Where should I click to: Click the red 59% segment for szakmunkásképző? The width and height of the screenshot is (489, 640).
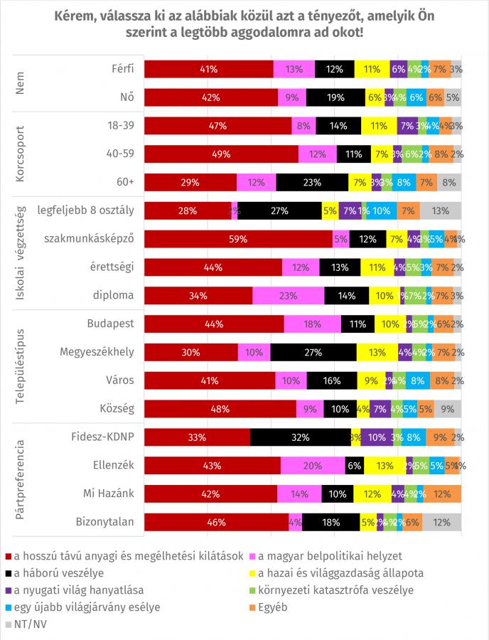[238, 239]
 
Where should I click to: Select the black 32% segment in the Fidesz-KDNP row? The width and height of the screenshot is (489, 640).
[300, 437]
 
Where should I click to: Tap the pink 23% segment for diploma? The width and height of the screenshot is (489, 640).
[288, 295]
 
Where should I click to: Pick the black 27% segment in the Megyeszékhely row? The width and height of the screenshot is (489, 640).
[313, 351]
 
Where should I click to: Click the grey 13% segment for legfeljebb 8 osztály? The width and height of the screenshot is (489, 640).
[441, 210]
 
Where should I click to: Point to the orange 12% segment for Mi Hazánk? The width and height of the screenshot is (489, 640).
[442, 494]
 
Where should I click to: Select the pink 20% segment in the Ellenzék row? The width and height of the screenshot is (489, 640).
[313, 465]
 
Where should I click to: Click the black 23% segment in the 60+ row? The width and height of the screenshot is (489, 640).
[312, 182]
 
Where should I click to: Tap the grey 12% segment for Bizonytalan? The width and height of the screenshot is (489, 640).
[441, 522]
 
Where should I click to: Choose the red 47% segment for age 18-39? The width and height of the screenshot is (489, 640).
[218, 126]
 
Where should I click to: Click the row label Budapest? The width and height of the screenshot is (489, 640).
[111, 324]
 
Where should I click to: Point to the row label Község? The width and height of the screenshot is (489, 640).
[118, 408]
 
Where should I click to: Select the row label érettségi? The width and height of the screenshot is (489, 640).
[112, 267]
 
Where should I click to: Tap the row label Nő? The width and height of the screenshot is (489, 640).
[127, 97]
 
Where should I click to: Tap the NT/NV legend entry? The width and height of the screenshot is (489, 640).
[28, 624]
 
